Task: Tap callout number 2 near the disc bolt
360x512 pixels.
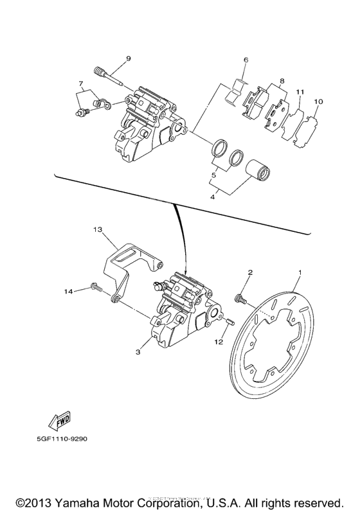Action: pyautogui.click(x=250, y=272)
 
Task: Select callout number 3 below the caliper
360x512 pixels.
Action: pyautogui.click(x=138, y=352)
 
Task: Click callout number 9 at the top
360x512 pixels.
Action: pyautogui.click(x=128, y=58)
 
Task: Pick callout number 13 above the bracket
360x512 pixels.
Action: pyautogui.click(x=97, y=229)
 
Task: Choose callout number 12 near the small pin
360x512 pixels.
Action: pyautogui.click(x=219, y=343)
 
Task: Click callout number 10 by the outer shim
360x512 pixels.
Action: pyautogui.click(x=318, y=102)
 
